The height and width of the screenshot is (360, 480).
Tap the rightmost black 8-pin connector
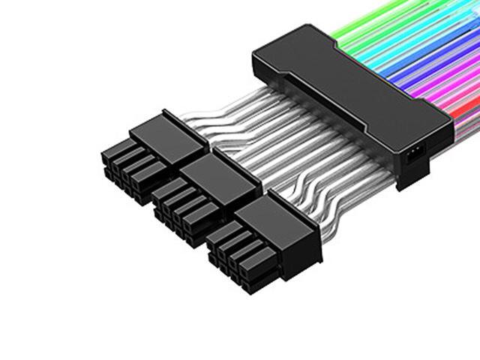click(x=247, y=240)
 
